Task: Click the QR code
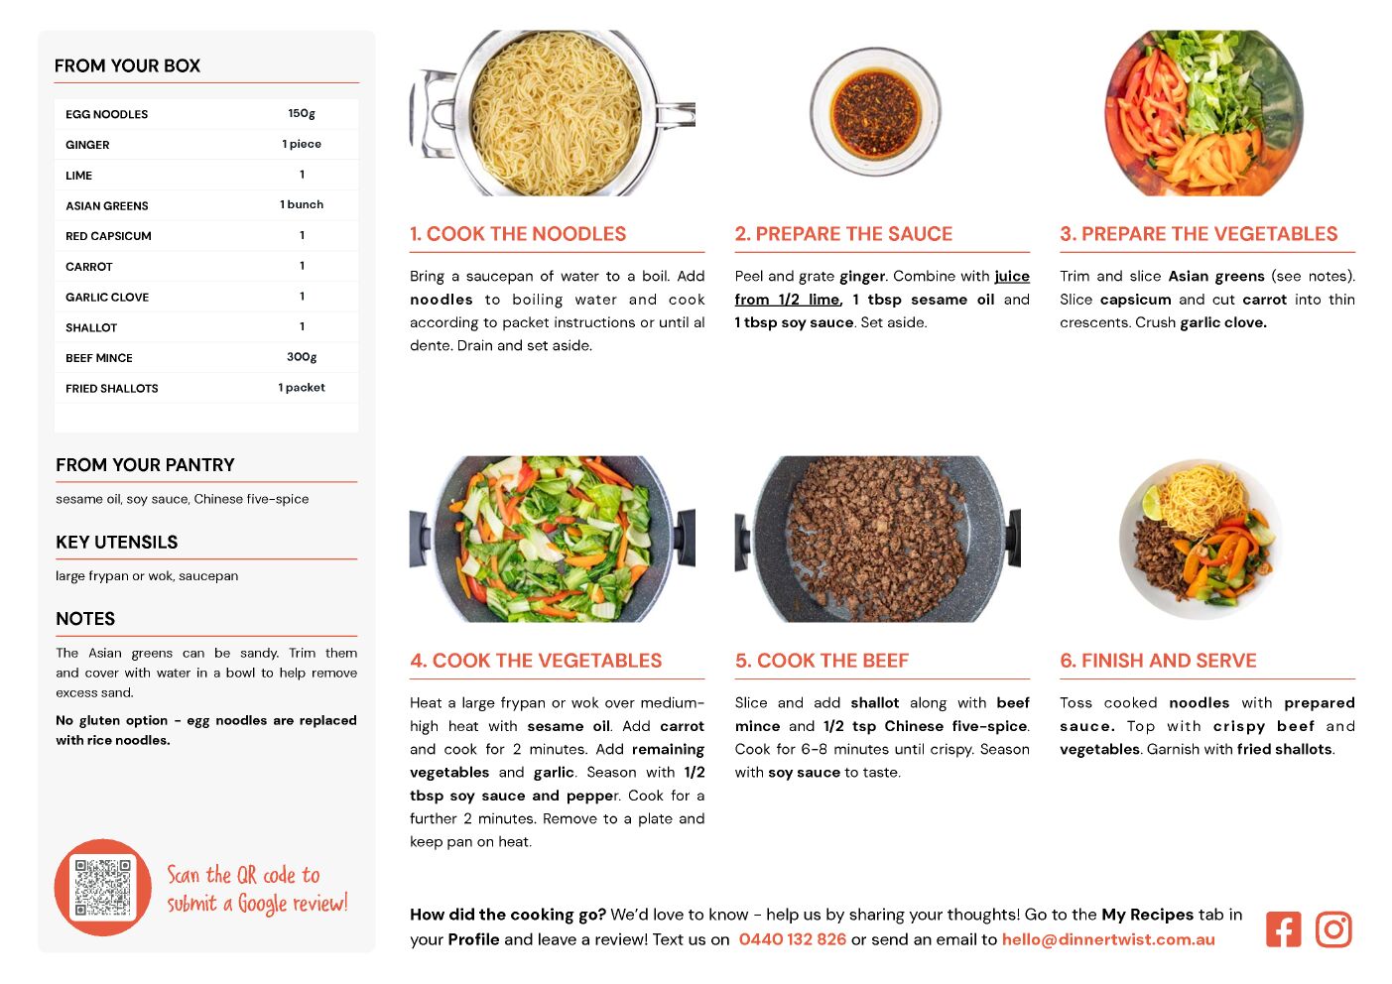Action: pos(102,888)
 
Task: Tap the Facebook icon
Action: pos(1283,929)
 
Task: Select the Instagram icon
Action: pos(1332,929)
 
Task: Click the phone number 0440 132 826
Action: pos(792,939)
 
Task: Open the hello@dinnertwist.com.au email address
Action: pos(1108,939)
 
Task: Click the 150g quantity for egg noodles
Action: pos(302,114)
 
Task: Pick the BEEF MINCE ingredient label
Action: pos(99,358)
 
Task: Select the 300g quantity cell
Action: pos(302,357)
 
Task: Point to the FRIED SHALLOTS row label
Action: pos(112,388)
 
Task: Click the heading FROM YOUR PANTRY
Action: pos(145,464)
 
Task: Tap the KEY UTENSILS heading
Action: pos(117,543)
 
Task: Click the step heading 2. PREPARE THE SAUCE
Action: pos(843,234)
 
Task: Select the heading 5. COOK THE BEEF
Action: pos(822,661)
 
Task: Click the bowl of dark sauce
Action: pos(875,112)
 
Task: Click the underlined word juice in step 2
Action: pos(1012,277)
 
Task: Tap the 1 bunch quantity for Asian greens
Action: pos(302,204)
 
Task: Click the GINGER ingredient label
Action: pos(87,145)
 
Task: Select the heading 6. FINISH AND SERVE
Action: pos(1158,661)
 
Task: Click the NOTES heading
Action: pos(85,619)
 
